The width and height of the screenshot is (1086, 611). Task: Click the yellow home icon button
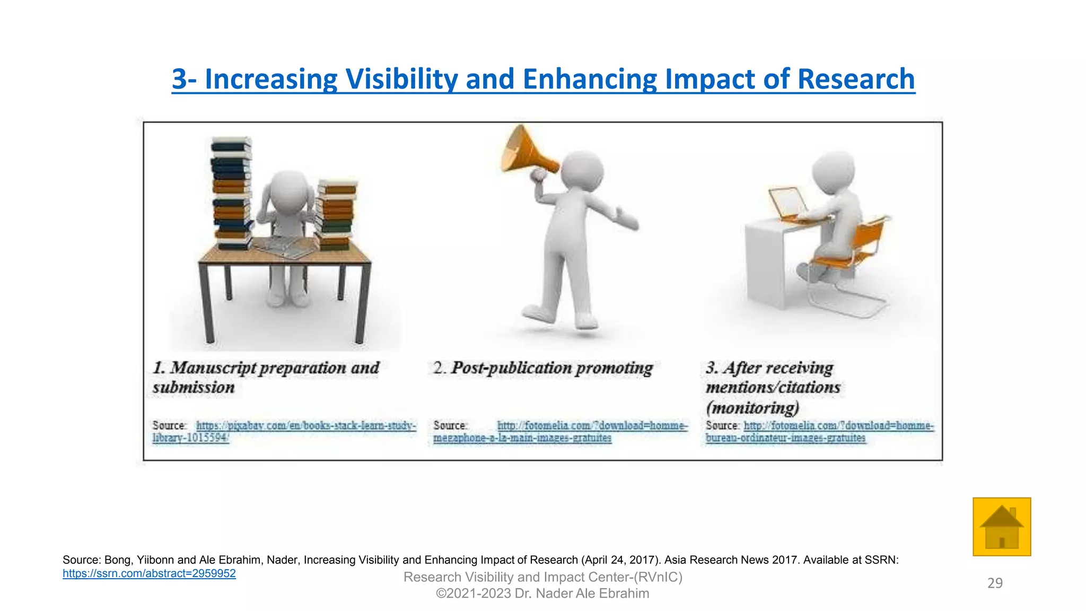pyautogui.click(x=1001, y=527)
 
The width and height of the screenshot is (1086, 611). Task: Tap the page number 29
pyautogui.click(x=995, y=583)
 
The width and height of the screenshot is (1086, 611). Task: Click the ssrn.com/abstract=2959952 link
pyautogui.click(x=149, y=573)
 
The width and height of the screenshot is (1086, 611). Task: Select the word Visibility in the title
pyautogui.click(x=401, y=79)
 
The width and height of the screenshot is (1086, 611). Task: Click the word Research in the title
pyautogui.click(x=856, y=79)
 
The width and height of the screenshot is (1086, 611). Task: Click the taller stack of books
pyautogui.click(x=232, y=194)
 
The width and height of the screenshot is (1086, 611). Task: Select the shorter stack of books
pyautogui.click(x=336, y=215)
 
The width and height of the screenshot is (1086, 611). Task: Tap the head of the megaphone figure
pyautogui.click(x=582, y=170)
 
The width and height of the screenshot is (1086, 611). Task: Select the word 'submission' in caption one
pyautogui.click(x=194, y=388)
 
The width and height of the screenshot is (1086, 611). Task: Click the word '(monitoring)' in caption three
pyautogui.click(x=752, y=408)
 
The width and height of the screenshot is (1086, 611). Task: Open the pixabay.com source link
pyautogui.click(x=306, y=425)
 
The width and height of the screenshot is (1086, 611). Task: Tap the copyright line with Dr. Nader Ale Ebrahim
pyautogui.click(x=542, y=593)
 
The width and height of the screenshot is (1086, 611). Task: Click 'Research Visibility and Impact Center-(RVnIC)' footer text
pyautogui.click(x=542, y=577)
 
